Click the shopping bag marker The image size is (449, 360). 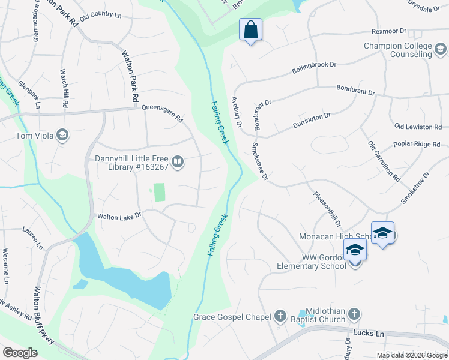250,29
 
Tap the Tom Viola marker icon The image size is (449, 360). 62,135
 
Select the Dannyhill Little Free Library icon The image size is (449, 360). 178,162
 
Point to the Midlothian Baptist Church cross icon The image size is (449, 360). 354,314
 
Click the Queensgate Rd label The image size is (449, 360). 162,113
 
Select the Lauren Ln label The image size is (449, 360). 32,237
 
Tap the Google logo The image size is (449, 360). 20,352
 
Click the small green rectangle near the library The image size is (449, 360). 159,193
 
